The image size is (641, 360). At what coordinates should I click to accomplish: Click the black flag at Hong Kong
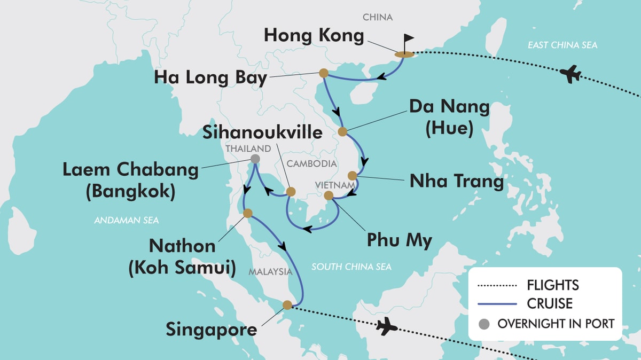tap(408, 41)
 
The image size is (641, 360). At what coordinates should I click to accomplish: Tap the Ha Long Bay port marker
tap(323, 73)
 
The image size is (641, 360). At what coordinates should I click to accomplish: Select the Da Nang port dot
tap(342, 131)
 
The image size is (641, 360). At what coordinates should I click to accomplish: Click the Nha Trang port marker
tap(352, 175)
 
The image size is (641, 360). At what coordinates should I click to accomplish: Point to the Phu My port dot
tap(329, 195)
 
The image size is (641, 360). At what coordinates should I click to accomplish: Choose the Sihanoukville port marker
tap(291, 191)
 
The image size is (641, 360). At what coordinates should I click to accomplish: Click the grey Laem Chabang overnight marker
tap(255, 159)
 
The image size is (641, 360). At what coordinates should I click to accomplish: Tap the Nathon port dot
tap(248, 213)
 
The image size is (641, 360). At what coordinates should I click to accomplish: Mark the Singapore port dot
tap(287, 305)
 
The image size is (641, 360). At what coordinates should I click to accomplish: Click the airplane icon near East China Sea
tap(572, 74)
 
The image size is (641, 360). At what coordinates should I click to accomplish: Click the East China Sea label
tap(562, 45)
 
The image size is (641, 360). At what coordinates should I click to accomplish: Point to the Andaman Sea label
tap(127, 220)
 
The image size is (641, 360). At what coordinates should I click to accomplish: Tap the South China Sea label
tap(351, 267)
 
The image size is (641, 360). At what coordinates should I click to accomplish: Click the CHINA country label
tap(378, 18)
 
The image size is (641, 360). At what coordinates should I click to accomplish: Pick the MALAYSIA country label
tap(270, 272)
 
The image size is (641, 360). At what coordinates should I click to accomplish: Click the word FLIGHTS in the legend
tap(553, 285)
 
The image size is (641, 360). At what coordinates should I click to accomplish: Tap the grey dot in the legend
tap(484, 323)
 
